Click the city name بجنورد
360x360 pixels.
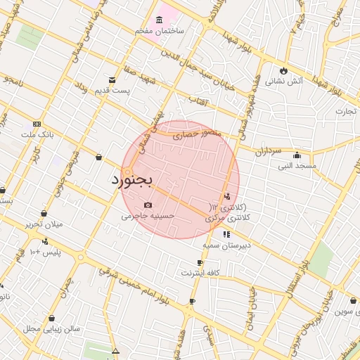point(131,180)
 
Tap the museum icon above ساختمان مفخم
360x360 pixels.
point(160,18)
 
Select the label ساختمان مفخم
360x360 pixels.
point(160,31)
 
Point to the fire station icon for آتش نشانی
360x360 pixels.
point(283,71)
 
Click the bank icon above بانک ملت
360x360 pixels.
point(37,123)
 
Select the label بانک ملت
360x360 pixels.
point(37,134)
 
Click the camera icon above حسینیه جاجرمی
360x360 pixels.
point(148,205)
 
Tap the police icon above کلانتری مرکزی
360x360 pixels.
point(226,197)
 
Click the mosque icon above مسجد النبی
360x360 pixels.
point(297,155)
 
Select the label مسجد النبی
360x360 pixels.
point(297,166)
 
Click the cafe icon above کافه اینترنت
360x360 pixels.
point(200,262)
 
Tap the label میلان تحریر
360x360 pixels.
point(44,224)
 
